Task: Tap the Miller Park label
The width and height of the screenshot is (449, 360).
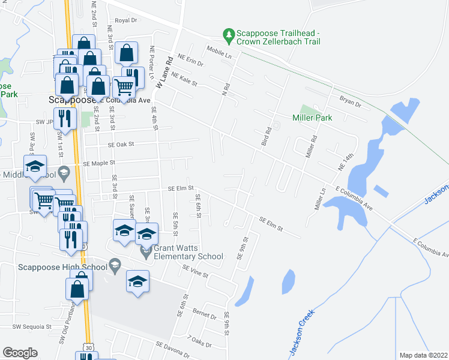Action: pyautogui.click(x=312, y=118)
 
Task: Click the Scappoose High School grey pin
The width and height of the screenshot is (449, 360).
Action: pyautogui.click(x=114, y=264)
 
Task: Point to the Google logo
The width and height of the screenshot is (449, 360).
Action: pyautogui.click(x=20, y=352)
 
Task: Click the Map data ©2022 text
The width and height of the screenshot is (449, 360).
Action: pyautogui.click(x=423, y=355)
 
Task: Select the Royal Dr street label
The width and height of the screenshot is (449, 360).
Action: pyautogui.click(x=126, y=20)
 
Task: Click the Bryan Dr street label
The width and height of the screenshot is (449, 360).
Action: pyautogui.click(x=350, y=104)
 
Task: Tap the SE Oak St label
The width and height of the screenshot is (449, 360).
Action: pyautogui.click(x=121, y=145)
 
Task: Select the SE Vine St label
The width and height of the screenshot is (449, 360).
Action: pyautogui.click(x=196, y=271)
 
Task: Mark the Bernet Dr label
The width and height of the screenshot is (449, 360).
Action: pyautogui.click(x=204, y=315)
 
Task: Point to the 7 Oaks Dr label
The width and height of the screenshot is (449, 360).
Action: pyautogui.click(x=201, y=343)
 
